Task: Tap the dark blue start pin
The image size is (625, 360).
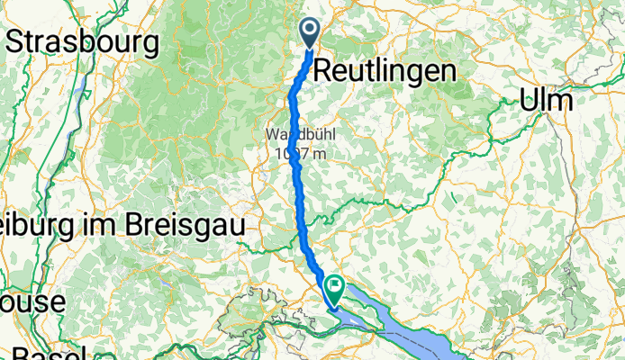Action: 309,34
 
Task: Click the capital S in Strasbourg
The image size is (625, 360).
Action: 16,41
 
